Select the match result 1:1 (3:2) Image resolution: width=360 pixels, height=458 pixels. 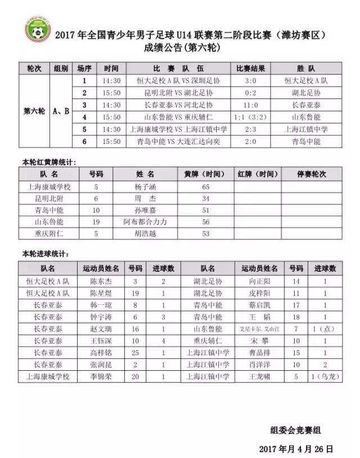(250, 117)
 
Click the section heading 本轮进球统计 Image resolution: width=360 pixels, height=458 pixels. (46, 254)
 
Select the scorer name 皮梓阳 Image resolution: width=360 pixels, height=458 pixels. (259, 293)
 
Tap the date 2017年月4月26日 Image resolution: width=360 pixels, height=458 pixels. (296, 448)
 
